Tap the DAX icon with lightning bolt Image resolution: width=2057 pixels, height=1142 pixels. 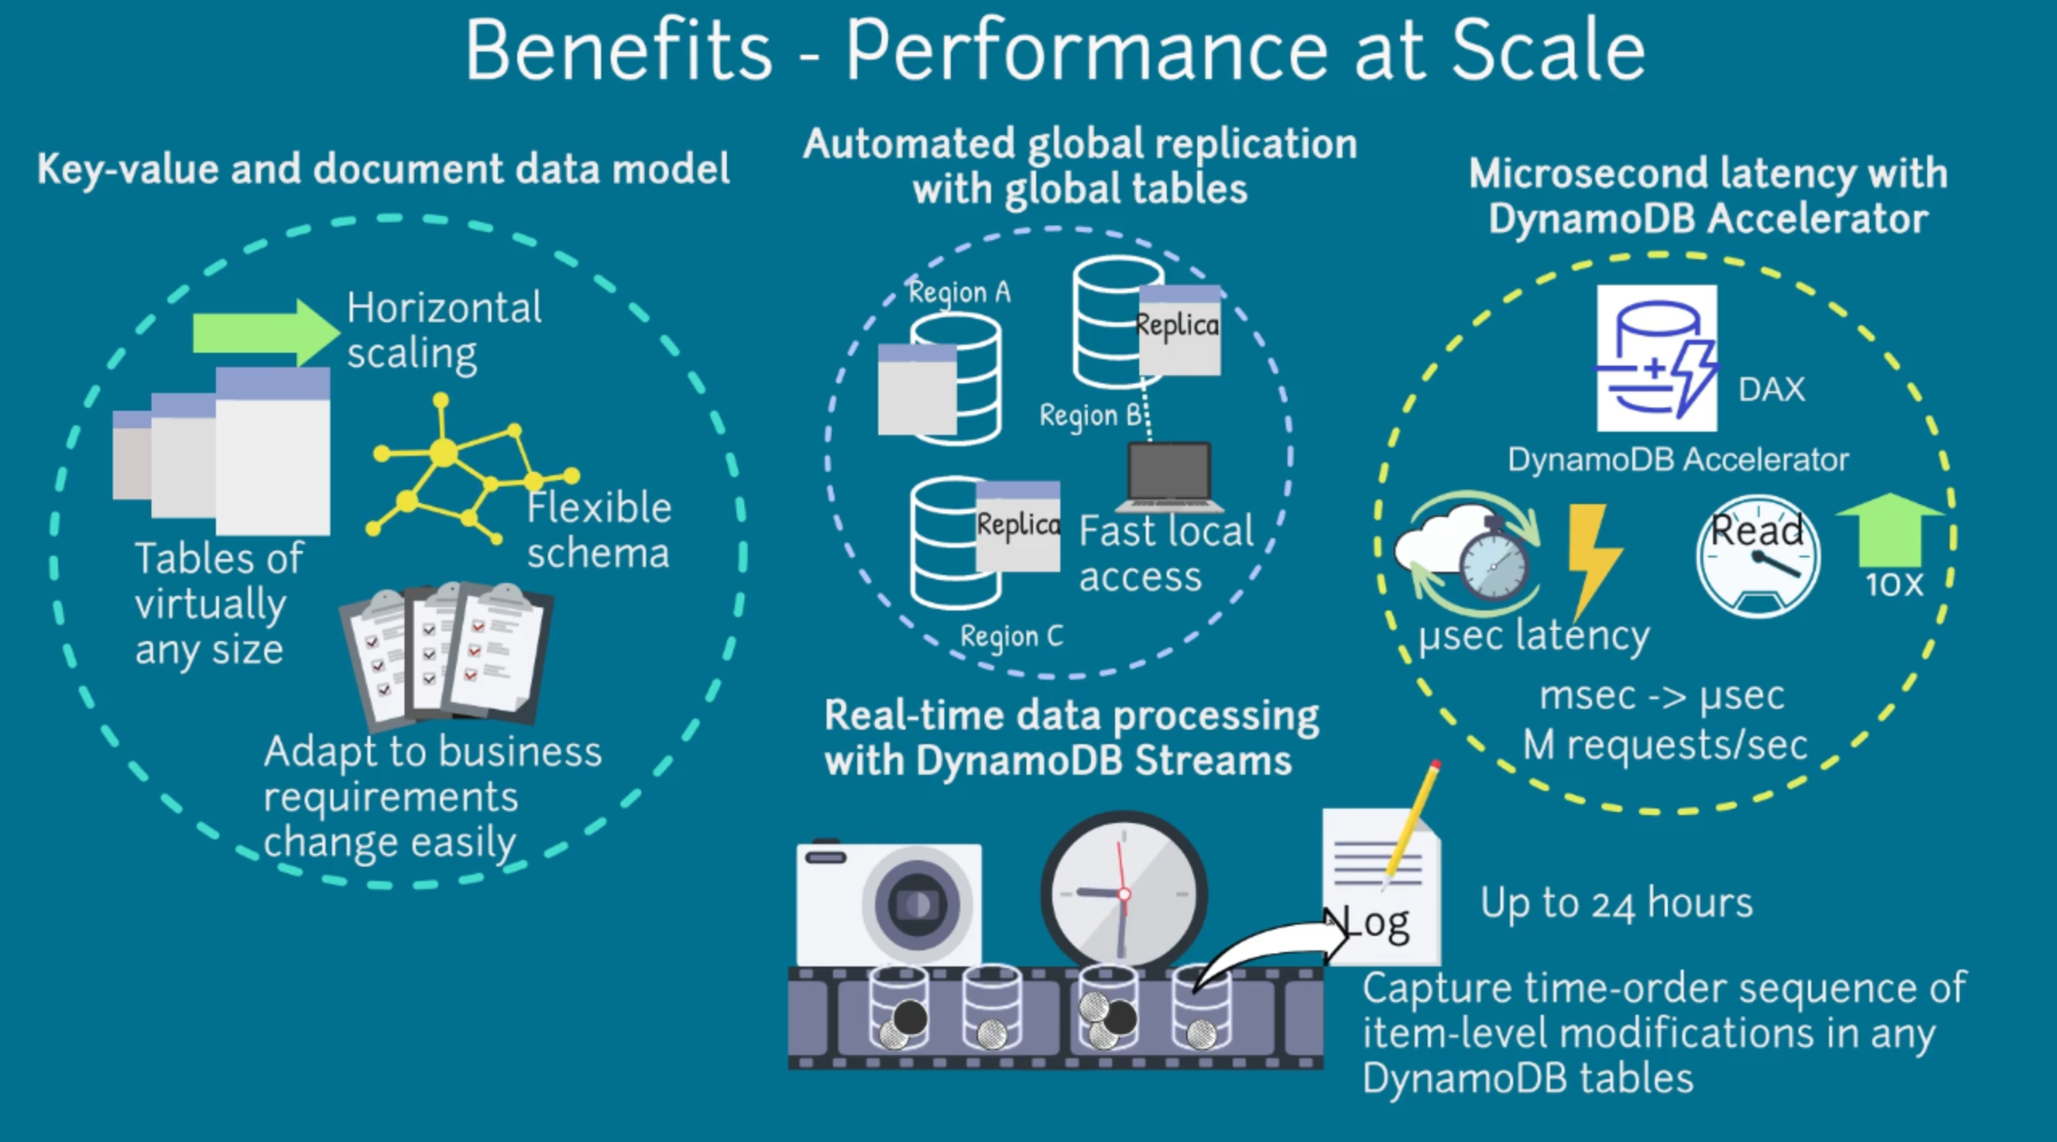coord(1657,358)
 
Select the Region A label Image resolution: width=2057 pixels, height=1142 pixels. coord(959,292)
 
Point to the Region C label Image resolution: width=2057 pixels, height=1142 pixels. coord(1011,636)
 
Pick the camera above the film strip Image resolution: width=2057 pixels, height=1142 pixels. coord(889,903)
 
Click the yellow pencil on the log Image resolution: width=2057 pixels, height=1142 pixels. coord(1411,822)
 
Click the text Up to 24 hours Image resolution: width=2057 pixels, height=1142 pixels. coord(1616,903)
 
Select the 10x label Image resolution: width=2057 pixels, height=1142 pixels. coord(1894,584)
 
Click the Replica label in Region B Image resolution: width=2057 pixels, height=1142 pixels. coord(1177,325)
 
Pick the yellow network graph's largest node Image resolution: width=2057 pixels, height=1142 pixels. coord(442,453)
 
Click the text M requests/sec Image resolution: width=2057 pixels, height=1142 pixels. coord(1665,745)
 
